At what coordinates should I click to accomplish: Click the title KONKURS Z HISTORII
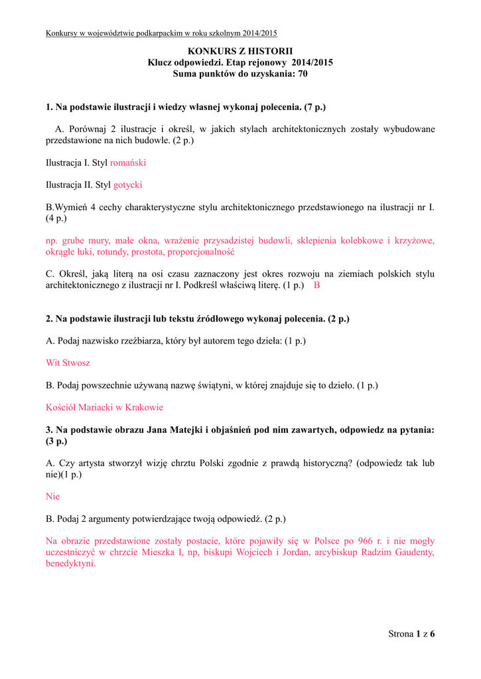click(240, 51)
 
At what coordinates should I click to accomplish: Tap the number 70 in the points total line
click(302, 74)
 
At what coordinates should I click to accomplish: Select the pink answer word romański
click(128, 162)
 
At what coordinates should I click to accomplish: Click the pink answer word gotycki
click(128, 185)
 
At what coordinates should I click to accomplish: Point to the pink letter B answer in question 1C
click(316, 285)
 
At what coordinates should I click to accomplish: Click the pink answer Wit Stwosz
click(68, 363)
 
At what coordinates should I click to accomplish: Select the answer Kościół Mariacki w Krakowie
click(104, 407)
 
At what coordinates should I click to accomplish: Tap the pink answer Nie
click(52, 496)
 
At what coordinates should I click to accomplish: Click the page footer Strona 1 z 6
click(411, 634)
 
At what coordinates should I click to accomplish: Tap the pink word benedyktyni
click(71, 564)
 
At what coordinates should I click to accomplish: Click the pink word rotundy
click(146, 252)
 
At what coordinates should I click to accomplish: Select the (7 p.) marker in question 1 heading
click(312, 106)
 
